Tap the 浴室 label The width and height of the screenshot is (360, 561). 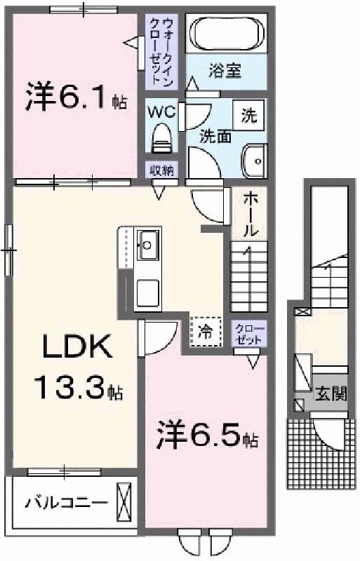(225, 71)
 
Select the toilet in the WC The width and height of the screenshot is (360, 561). (162, 138)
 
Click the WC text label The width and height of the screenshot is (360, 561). (162, 112)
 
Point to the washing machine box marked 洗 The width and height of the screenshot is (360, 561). (248, 115)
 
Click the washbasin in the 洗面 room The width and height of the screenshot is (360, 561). (254, 161)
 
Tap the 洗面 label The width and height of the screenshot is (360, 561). (215, 136)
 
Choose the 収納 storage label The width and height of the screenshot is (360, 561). (161, 170)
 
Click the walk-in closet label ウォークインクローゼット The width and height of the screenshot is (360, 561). (161, 52)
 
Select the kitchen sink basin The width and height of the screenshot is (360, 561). (148, 245)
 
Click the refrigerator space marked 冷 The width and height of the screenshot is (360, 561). (206, 332)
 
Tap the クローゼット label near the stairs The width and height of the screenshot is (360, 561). (250, 334)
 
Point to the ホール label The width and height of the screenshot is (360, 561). (250, 214)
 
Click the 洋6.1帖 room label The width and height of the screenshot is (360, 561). (76, 97)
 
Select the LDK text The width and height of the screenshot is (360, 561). (76, 346)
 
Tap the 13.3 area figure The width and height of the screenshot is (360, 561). (78, 388)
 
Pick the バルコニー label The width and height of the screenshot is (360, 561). (67, 503)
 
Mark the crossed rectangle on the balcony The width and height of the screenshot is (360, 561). (124, 502)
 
